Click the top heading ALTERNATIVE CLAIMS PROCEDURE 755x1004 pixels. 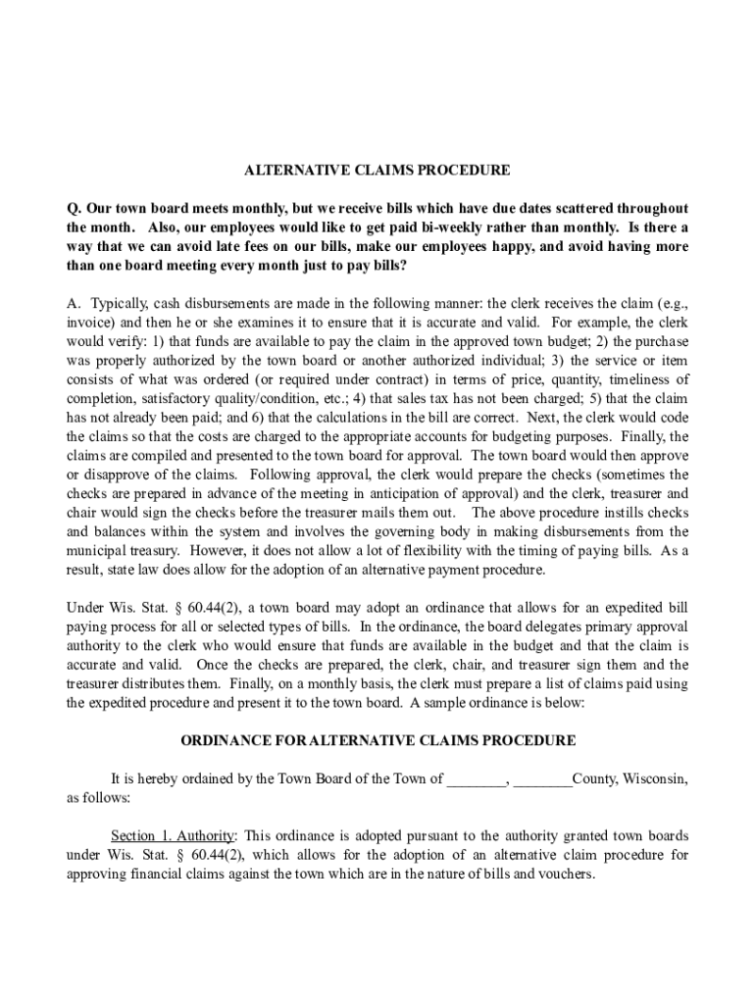tap(377, 170)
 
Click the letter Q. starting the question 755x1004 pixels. tap(73, 209)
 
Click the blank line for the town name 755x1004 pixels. tap(477, 779)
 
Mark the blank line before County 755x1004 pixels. tap(542, 779)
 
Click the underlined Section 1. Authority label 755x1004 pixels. tap(173, 835)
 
